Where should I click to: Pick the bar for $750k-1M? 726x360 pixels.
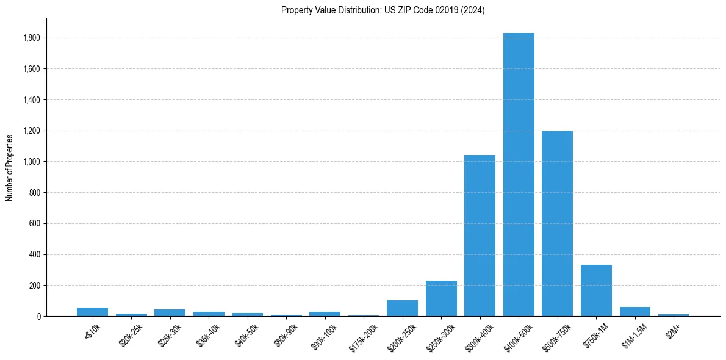tap(596, 290)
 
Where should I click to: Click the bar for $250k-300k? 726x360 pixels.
tap(441, 298)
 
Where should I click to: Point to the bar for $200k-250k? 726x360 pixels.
tap(402, 308)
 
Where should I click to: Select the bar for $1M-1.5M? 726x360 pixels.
tap(634, 312)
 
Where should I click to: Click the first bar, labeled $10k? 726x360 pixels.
tap(92, 312)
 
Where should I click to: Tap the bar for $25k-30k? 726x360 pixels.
tap(170, 312)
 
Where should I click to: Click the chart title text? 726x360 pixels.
tap(383, 10)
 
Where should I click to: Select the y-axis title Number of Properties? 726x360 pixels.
tap(10, 167)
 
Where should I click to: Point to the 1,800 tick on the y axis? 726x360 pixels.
tap(31, 38)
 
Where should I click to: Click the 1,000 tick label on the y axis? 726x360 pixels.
tap(31, 162)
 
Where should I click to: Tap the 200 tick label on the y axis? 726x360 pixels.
tap(35, 286)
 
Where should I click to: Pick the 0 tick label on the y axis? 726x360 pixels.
tap(38, 317)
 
